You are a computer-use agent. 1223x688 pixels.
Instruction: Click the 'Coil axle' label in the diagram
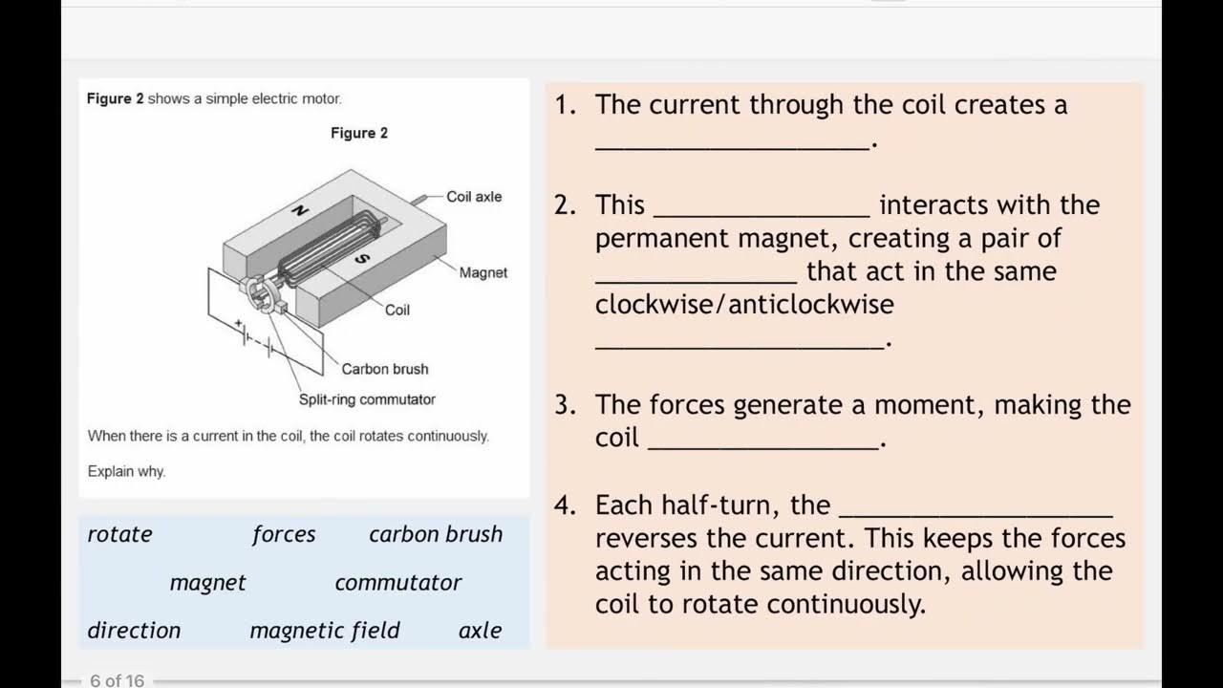474,197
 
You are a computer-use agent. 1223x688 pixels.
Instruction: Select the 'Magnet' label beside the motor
483,272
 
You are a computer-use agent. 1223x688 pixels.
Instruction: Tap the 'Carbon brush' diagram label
385,369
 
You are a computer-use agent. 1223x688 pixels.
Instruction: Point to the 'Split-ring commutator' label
367,399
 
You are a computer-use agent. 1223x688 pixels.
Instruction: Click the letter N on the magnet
299,211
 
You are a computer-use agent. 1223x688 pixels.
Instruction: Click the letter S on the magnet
361,258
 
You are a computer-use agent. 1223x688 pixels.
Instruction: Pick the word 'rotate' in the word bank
119,534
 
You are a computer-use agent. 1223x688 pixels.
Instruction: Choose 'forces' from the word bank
284,534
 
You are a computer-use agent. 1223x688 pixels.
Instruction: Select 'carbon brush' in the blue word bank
436,534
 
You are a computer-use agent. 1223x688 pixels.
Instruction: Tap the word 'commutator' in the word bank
397,583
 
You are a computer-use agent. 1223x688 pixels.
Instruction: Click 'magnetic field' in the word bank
325,631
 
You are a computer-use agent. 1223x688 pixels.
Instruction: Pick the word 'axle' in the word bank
480,631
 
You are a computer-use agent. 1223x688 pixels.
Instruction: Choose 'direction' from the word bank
134,631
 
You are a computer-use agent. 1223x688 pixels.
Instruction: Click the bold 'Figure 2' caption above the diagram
359,133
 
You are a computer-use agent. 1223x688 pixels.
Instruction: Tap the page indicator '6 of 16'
117,680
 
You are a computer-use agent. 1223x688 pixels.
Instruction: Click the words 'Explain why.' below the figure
126,471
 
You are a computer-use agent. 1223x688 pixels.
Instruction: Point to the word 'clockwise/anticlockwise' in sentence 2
744,305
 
